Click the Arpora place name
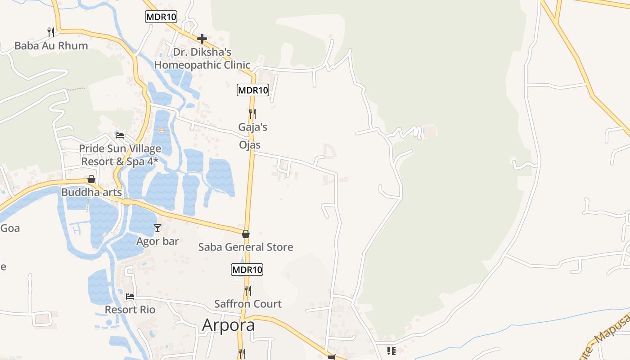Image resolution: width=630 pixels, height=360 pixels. coord(228,324)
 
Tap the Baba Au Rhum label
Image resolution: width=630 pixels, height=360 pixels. coord(51,45)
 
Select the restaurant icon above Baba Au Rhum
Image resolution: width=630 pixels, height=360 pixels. coord(50,32)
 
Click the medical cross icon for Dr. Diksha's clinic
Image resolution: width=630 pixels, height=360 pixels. coord(202,39)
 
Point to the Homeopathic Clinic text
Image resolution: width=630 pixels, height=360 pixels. coord(202,65)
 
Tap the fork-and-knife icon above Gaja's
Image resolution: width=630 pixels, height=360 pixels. coord(252,114)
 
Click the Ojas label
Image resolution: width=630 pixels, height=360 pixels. coord(250,145)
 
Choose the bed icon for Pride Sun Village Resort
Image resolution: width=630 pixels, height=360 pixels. coord(120,135)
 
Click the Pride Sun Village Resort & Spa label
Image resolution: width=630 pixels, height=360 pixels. coord(120,155)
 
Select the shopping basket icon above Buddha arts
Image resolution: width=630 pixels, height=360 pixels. coord(91,179)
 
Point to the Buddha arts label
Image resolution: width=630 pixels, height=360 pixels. coord(91,192)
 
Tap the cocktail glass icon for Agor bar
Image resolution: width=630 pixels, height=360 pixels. coord(157,228)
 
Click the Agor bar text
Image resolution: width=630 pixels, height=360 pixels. coord(157,241)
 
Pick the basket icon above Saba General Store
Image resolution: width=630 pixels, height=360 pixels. coord(246,234)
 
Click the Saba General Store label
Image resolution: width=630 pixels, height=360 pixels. coord(246,247)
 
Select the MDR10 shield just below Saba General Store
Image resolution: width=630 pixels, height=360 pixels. coord(247,270)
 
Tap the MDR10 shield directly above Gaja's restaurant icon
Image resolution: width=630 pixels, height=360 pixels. coord(253,90)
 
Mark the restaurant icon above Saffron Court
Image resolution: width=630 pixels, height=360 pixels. coord(247,290)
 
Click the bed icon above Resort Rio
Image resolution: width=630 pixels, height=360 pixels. coord(130,297)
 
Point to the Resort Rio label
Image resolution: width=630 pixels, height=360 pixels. coord(130,310)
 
